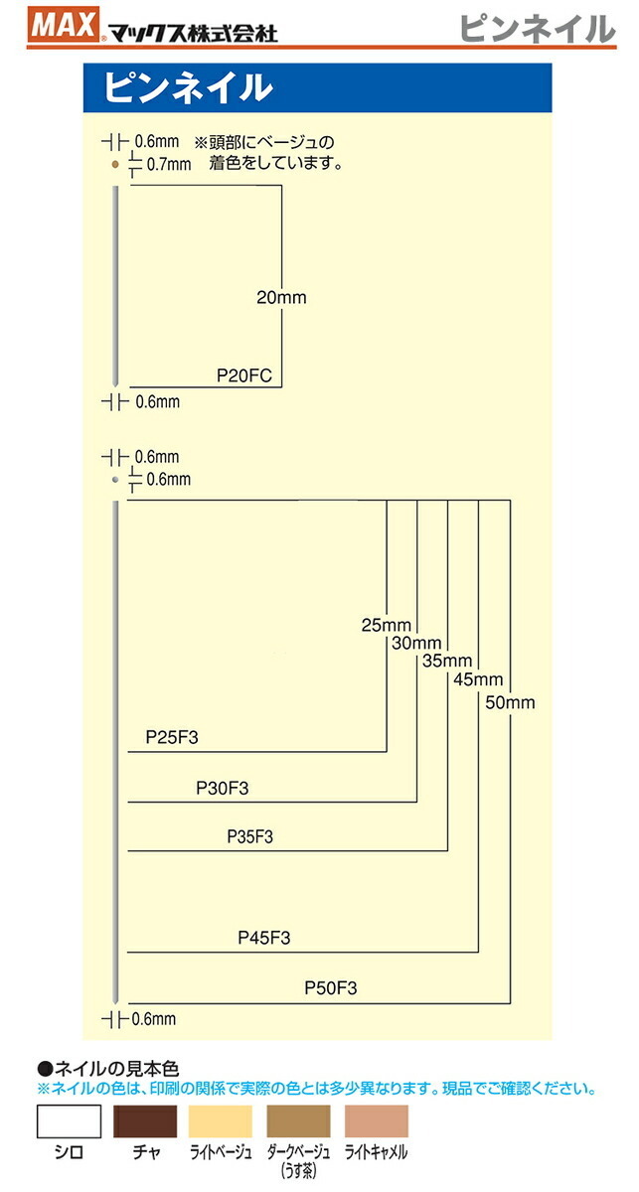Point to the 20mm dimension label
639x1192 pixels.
281,297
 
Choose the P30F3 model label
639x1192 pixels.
222,788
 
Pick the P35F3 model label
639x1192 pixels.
249,837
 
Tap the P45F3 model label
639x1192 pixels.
264,938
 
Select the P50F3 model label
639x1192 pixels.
330,987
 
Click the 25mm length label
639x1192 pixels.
386,625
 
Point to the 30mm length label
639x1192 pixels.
416,643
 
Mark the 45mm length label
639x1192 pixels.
478,680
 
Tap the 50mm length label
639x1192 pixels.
511,702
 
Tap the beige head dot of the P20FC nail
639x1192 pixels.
115,163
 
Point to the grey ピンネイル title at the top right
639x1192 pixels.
537,29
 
